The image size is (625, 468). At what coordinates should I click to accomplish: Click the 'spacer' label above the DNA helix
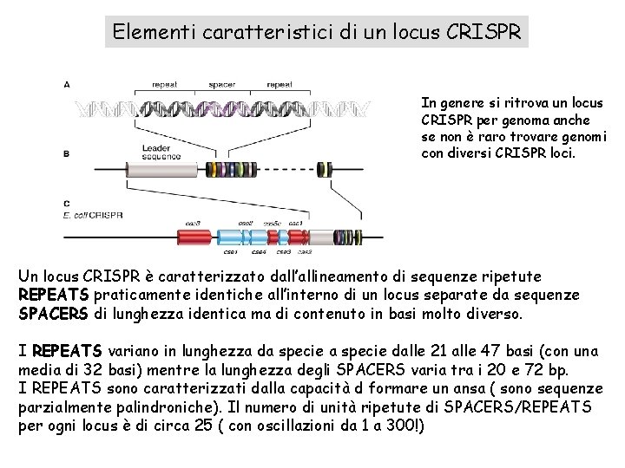click(x=222, y=85)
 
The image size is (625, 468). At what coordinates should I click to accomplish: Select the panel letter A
click(x=68, y=84)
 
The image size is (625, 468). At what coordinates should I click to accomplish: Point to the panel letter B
click(x=68, y=153)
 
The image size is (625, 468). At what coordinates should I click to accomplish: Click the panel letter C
click(x=68, y=203)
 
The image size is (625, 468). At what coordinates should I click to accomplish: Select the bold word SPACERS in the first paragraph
click(x=51, y=312)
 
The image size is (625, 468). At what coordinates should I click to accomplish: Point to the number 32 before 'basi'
click(x=88, y=368)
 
